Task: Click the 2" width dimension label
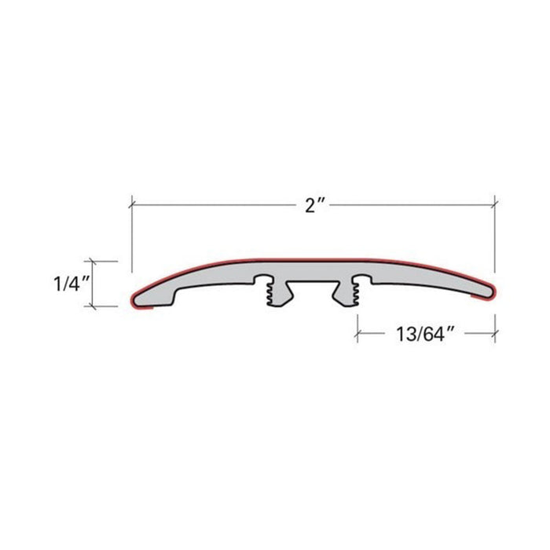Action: pyautogui.click(x=315, y=206)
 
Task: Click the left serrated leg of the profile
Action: pyautogui.click(x=275, y=292)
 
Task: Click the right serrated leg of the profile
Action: pyautogui.click(x=350, y=292)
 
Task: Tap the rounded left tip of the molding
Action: pyautogui.click(x=135, y=296)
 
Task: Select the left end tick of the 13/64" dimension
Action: pyautogui.click(x=358, y=334)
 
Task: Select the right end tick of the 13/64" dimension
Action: pyautogui.click(x=494, y=334)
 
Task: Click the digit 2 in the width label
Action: pyautogui.click(x=310, y=206)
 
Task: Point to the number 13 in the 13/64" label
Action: pyautogui.click(x=398, y=334)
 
